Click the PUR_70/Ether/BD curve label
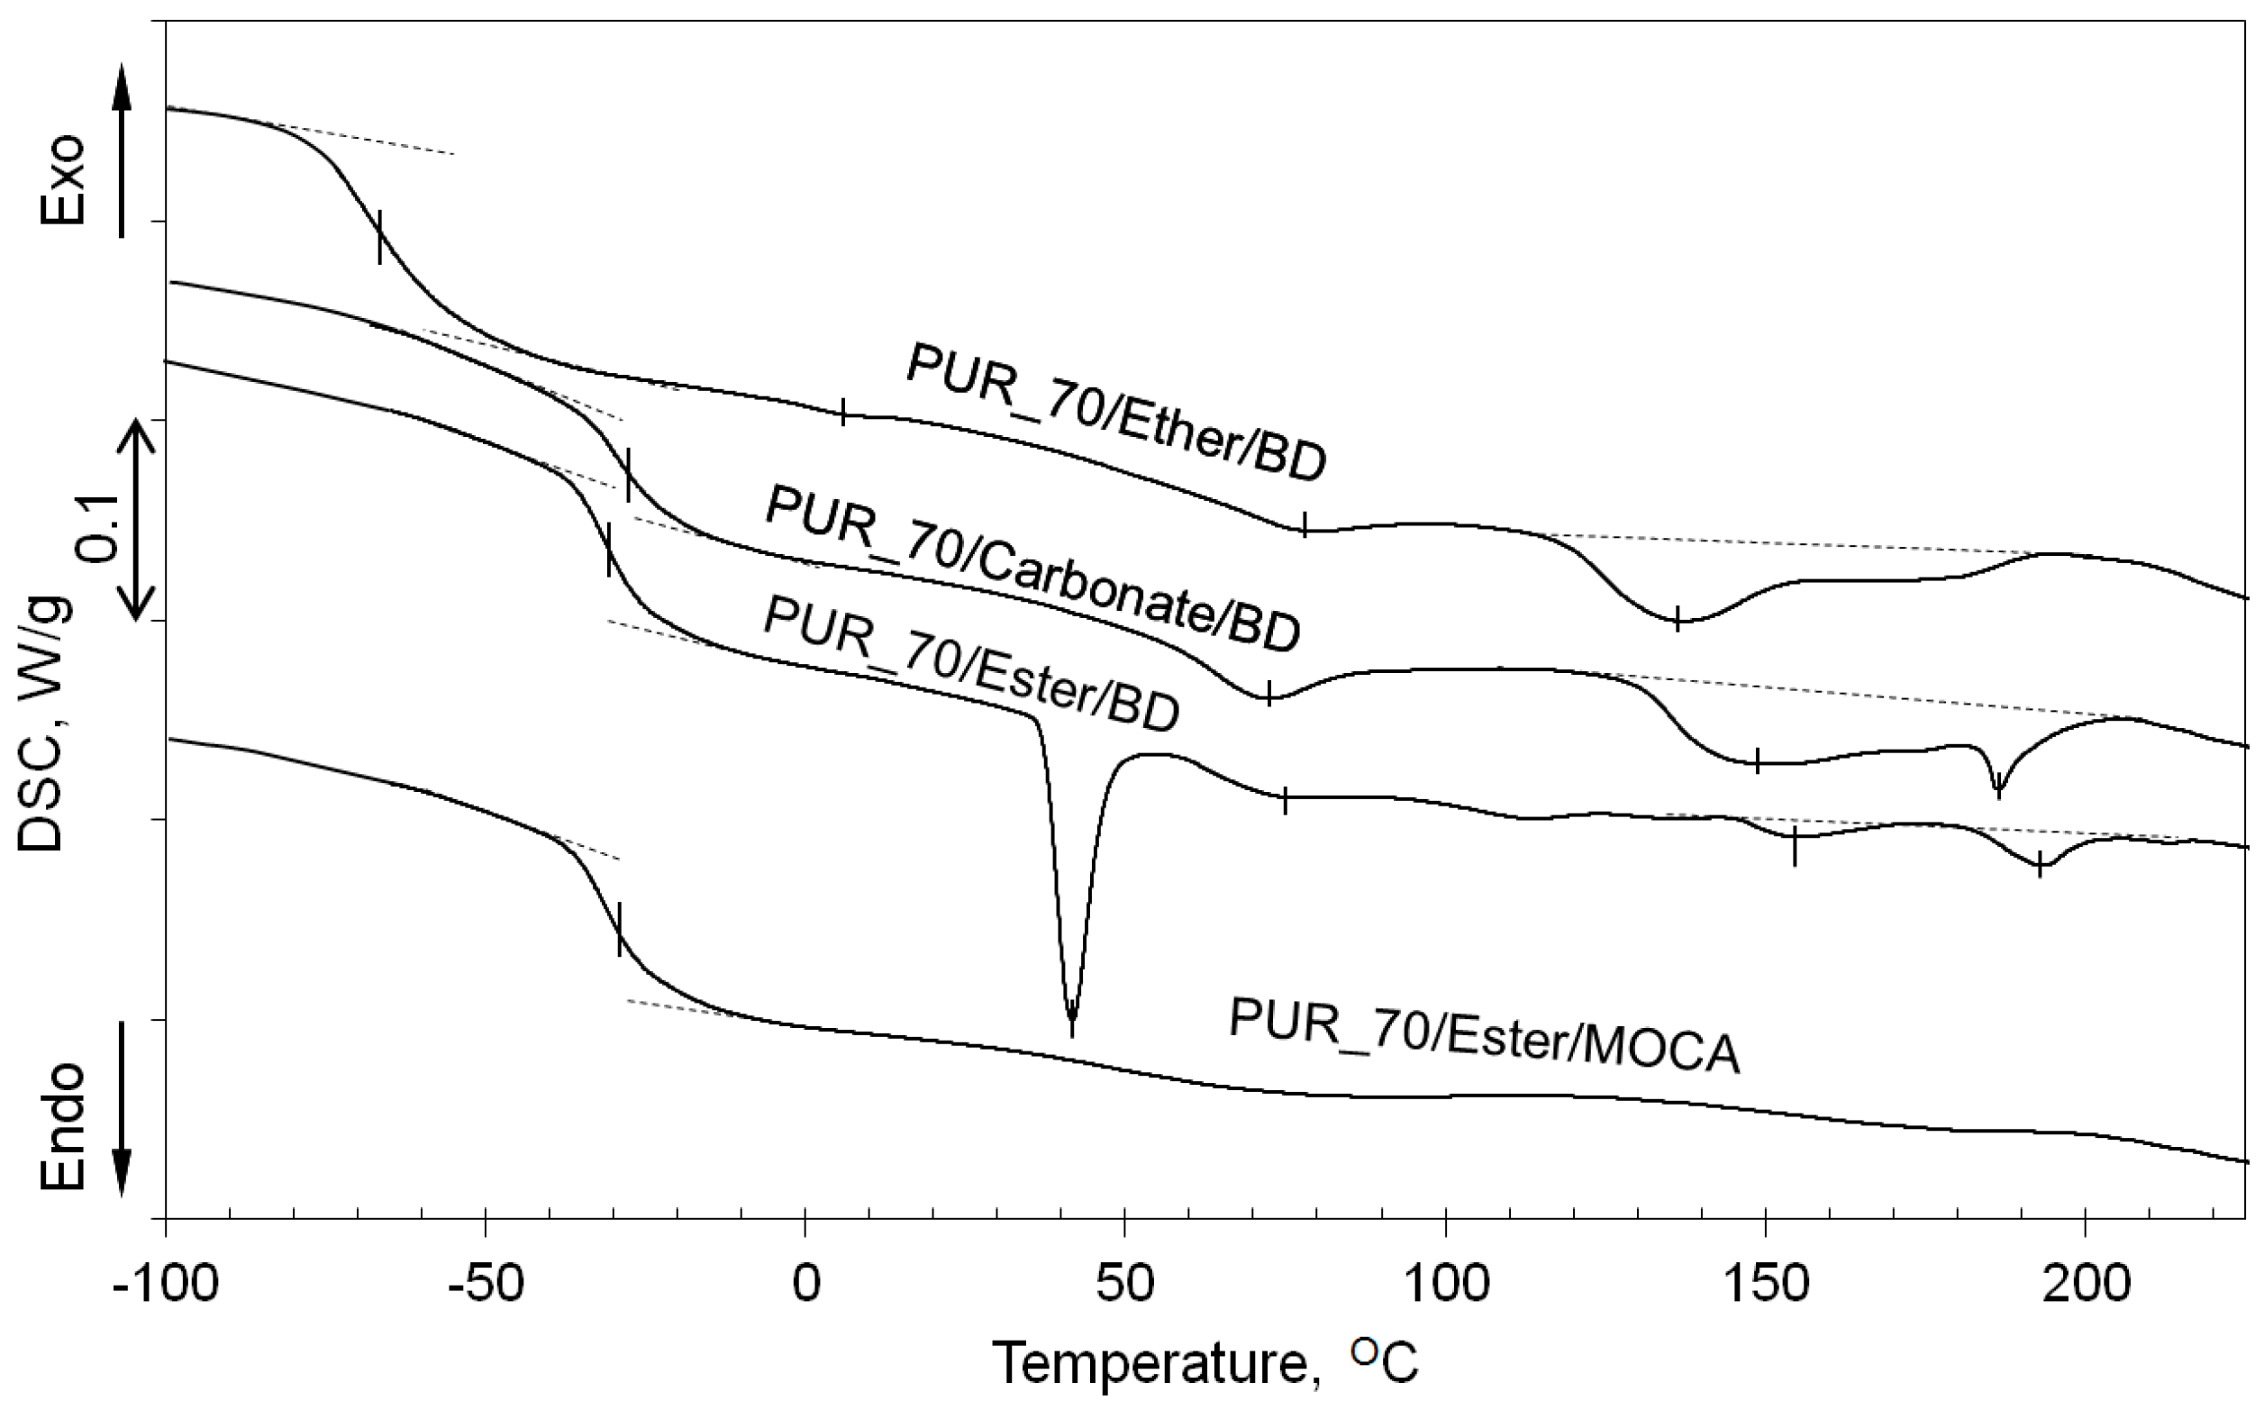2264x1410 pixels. point(1115,412)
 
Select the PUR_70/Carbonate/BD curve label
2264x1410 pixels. point(1032,569)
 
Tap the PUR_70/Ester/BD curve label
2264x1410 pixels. point(970,664)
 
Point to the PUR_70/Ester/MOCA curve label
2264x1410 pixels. point(1485,1035)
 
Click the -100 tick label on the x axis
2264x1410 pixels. point(165,1285)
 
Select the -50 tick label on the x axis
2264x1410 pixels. point(485,1285)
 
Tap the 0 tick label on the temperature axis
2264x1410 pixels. point(805,1285)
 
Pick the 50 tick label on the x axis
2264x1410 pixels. point(1124,1285)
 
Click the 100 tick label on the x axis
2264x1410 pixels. point(1444,1285)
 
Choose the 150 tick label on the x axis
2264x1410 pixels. point(1764,1285)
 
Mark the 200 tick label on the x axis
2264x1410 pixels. point(2084,1285)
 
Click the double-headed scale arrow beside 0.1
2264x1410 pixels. point(137,520)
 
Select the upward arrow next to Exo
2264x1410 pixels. point(123,150)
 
